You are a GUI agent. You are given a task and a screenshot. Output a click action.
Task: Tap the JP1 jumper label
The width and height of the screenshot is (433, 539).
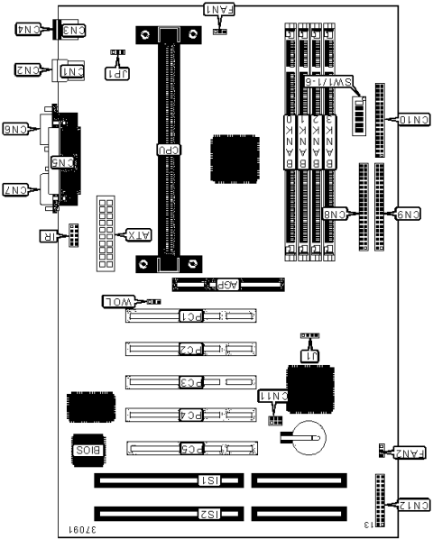coord(118,73)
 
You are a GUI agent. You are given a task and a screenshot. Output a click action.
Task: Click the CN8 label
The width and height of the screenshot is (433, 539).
coord(336,214)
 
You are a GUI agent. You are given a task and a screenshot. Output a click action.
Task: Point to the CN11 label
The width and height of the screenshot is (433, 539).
coord(272,395)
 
